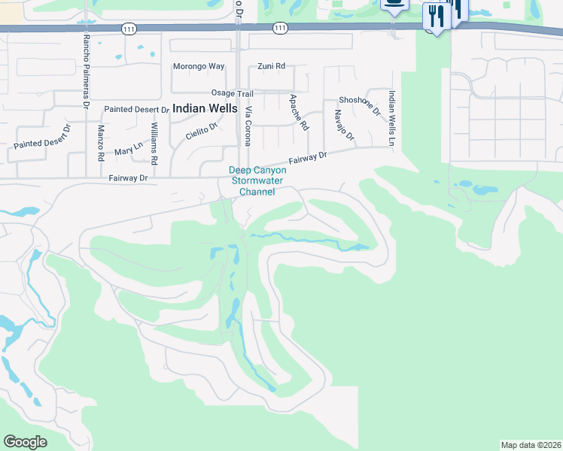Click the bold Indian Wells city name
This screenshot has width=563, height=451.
pyautogui.click(x=205, y=108)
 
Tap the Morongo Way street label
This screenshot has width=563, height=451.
pyautogui.click(x=199, y=66)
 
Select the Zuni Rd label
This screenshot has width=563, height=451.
pyautogui.click(x=270, y=66)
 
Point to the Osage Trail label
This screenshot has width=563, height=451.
pyautogui.click(x=232, y=93)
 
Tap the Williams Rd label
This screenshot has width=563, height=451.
pyautogui.click(x=154, y=144)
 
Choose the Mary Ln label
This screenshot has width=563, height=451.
pyautogui.click(x=128, y=149)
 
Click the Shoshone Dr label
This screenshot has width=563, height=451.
pyautogui.click(x=360, y=105)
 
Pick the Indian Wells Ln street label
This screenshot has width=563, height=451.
pyautogui.click(x=391, y=119)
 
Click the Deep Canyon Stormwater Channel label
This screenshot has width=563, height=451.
pyautogui.click(x=257, y=181)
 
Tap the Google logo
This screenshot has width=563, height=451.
pyautogui.click(x=25, y=441)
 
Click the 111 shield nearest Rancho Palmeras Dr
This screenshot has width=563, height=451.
pyautogui.click(x=127, y=28)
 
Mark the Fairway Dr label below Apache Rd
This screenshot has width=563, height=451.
pyautogui.click(x=309, y=158)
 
